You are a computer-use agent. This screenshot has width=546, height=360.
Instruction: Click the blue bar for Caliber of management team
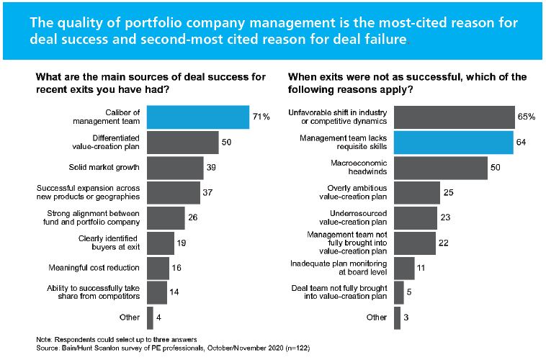pos(198,117)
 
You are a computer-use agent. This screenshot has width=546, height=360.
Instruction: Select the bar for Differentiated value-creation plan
pos(182,142)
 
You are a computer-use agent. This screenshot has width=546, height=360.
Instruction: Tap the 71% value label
pos(261,116)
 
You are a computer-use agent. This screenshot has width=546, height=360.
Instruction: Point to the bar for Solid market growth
pos(174,167)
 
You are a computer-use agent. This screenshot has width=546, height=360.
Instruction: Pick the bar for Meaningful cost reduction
pos(158,267)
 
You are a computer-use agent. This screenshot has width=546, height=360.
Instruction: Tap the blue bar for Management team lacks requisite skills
pos(454,142)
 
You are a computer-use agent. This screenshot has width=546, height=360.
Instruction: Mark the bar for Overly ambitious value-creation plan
pos(417,192)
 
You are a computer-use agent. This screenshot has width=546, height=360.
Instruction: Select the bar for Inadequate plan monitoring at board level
pos(404,268)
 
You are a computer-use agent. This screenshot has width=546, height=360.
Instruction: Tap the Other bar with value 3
pos(397,318)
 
